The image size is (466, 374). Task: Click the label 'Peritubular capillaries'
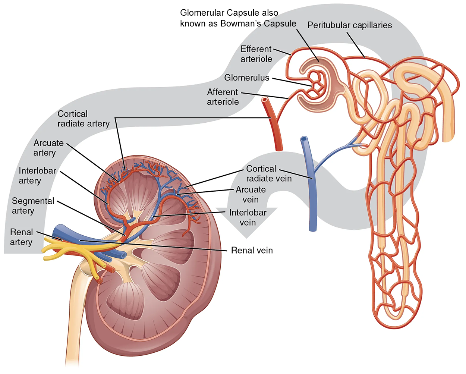(x=349, y=25)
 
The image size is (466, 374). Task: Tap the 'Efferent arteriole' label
(x=256, y=54)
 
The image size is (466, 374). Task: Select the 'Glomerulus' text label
(x=246, y=78)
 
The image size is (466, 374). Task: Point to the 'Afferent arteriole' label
(x=223, y=97)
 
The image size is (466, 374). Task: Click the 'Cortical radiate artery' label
(x=84, y=119)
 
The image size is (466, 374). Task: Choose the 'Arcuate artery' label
(x=48, y=148)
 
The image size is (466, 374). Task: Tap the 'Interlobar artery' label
(x=37, y=176)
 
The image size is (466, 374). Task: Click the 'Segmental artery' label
(x=33, y=206)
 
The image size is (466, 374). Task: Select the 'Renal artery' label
(x=21, y=237)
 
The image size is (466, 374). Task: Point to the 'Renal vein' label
(x=252, y=250)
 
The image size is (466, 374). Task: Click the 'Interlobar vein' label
(x=248, y=217)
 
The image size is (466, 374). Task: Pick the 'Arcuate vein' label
(x=251, y=195)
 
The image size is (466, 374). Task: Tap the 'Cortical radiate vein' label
(x=268, y=173)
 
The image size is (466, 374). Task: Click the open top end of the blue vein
(x=304, y=139)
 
